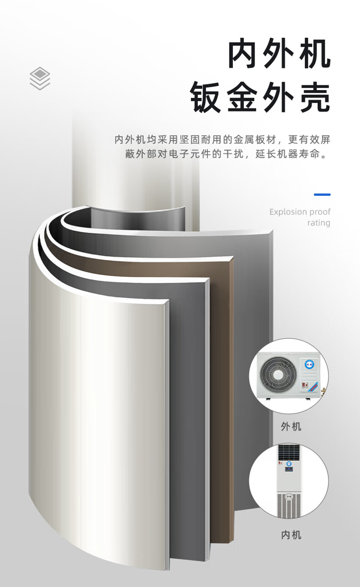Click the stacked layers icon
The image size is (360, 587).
(x=40, y=78)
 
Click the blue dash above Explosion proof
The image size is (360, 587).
(x=322, y=194)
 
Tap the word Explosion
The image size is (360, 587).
(x=287, y=212)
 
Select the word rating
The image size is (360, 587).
(x=319, y=223)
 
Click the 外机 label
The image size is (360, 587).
(x=291, y=426)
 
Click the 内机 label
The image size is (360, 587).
(x=291, y=534)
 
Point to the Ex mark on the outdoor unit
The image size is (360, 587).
(x=304, y=384)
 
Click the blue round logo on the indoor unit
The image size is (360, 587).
(x=289, y=464)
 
